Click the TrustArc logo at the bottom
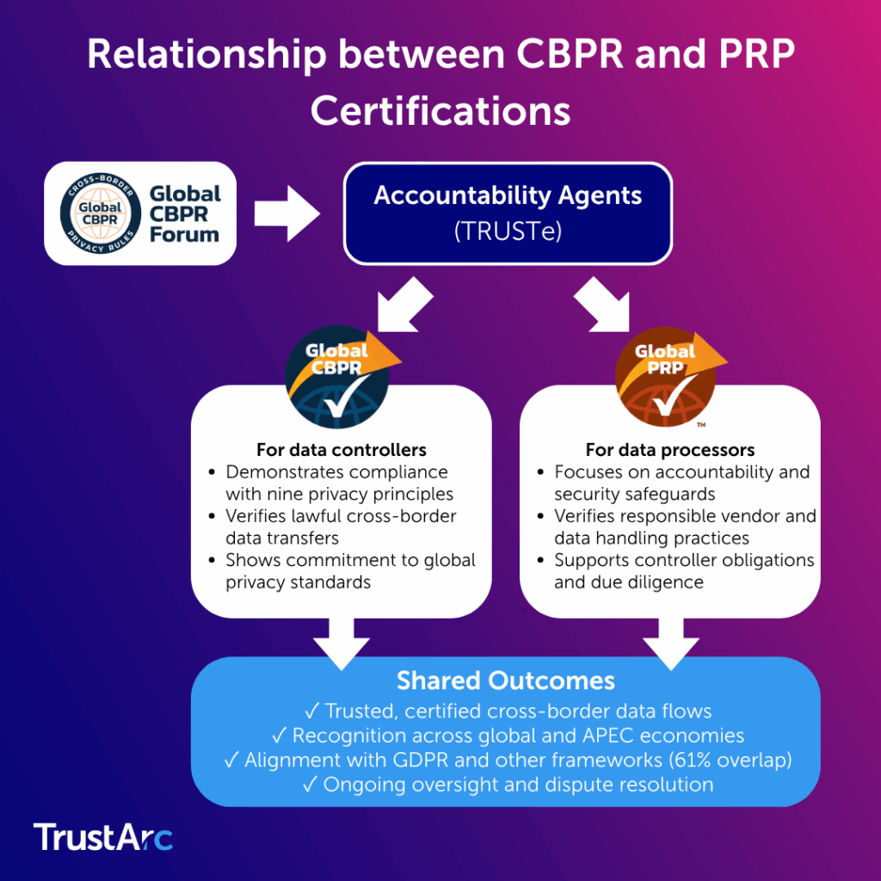coord(103,837)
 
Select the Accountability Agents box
coord(508,213)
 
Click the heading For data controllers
coord(341,450)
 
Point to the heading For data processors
coord(670,450)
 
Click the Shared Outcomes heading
coord(505,681)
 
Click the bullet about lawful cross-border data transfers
coord(341,527)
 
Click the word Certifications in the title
coord(440,112)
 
